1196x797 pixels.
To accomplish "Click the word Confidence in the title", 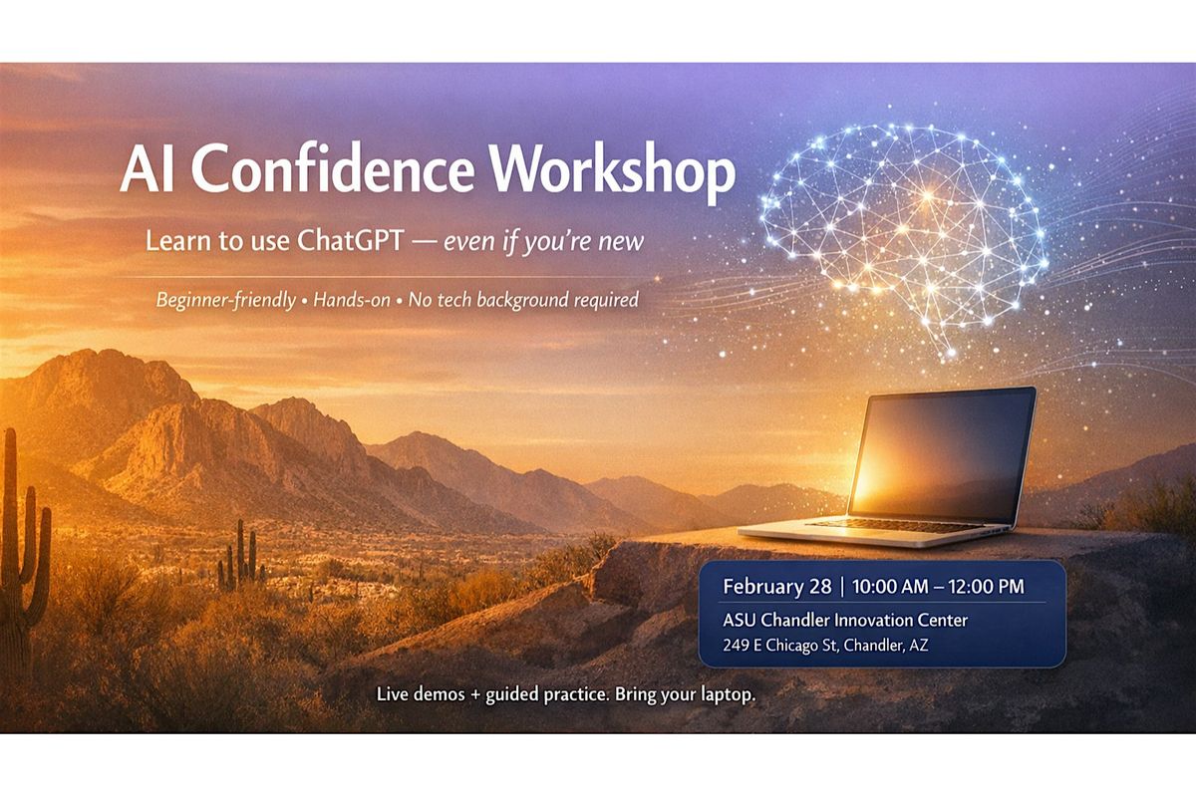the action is click(333, 168).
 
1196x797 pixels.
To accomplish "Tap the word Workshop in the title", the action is click(613, 172).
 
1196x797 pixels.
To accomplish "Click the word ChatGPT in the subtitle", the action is click(350, 241).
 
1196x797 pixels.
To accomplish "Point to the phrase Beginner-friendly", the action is click(226, 300).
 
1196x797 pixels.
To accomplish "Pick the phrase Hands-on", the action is click(352, 300).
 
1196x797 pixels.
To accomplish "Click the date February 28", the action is click(776, 586).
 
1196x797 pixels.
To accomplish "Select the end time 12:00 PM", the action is click(986, 586).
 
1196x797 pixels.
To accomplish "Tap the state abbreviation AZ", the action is click(918, 646).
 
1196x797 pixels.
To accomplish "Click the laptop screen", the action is click(943, 456).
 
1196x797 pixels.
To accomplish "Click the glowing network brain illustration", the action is click(902, 235).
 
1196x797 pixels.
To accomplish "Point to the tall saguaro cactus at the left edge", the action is click(21, 550).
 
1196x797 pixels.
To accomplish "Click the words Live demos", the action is click(421, 694).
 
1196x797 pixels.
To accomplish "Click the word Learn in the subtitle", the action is click(178, 241).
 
